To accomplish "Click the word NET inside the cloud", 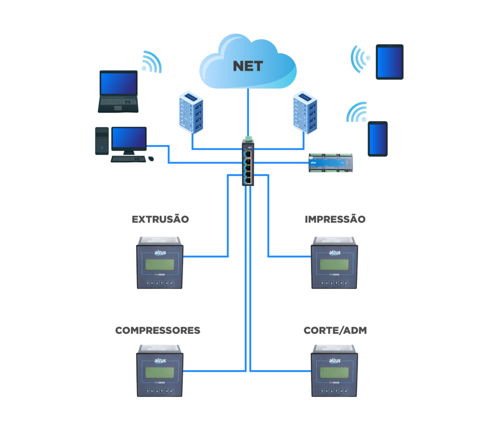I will [248, 66].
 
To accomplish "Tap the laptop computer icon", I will [118, 91].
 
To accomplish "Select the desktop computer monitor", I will [129, 139].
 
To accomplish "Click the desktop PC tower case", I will [102, 141].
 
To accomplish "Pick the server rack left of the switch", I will [191, 112].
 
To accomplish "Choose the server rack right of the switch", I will [305, 112].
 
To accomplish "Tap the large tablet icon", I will [389, 62].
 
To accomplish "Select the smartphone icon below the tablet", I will [377, 139].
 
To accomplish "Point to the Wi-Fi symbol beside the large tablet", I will [360, 59].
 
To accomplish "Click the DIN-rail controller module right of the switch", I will [331, 163].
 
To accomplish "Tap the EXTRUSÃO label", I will [160, 220].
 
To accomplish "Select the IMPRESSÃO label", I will [335, 220].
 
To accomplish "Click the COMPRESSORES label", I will [158, 331].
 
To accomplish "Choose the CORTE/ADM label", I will [335, 331].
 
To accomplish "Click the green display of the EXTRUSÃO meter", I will [159, 265].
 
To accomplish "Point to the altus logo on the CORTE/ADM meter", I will [335, 361].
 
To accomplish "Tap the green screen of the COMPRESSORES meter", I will [159, 372].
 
